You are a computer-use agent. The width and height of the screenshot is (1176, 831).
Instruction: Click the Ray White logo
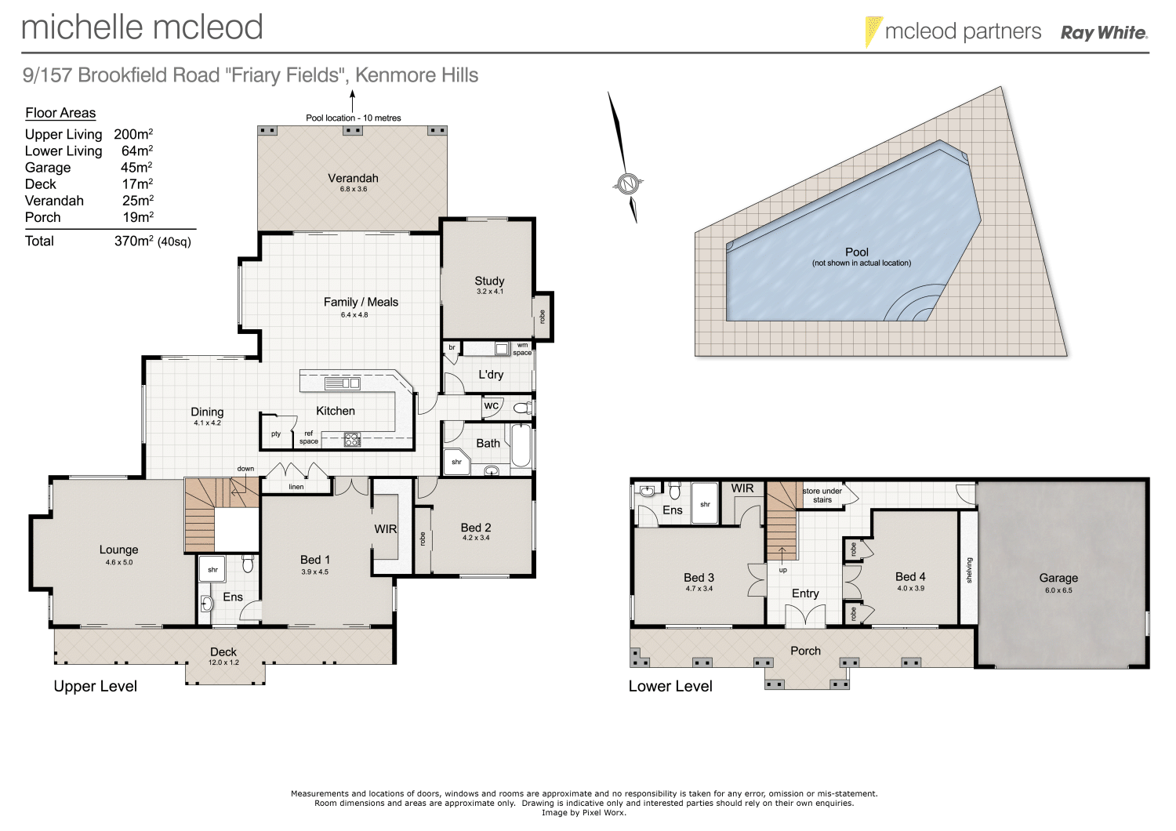tap(1104, 33)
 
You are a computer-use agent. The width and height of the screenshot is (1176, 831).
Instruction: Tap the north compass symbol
tap(626, 184)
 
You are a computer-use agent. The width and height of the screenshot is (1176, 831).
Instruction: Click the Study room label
tap(489, 281)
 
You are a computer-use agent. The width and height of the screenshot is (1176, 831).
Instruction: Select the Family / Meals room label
tap(361, 302)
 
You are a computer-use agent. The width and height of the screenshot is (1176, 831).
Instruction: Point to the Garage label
tap(1058, 578)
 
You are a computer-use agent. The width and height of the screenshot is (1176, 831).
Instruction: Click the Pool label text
tap(857, 252)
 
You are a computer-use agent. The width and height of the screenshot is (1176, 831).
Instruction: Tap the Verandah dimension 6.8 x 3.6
tap(353, 189)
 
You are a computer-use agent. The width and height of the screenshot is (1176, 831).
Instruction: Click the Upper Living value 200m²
tap(133, 134)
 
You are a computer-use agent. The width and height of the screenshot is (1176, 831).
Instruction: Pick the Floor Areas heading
tap(60, 113)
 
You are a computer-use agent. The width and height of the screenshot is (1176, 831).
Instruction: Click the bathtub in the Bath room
tap(521, 445)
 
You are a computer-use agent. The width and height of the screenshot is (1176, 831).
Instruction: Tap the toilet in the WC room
tap(521, 408)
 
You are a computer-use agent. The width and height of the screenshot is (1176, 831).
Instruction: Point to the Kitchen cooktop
tap(352, 441)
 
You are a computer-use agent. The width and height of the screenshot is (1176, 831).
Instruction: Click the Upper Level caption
tap(95, 686)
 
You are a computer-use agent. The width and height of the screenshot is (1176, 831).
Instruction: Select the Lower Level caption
tap(670, 686)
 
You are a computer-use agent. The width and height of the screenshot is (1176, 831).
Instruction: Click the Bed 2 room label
tap(476, 528)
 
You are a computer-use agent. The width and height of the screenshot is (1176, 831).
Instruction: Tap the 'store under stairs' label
tap(822, 495)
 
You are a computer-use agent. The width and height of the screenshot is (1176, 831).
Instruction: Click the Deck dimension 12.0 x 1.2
tap(223, 662)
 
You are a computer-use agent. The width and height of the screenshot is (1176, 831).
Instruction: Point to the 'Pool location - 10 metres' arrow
tap(353, 100)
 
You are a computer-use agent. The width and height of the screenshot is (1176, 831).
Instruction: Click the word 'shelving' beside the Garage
tap(969, 570)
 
